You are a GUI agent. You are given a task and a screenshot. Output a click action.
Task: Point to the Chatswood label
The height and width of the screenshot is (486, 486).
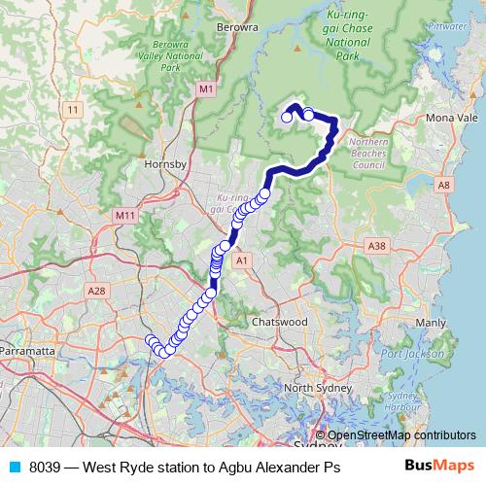click(279, 321)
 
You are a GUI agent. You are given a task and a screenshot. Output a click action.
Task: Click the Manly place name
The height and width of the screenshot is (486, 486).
click(430, 321)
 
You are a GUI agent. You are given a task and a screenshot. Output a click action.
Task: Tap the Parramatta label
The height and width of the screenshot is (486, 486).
click(30, 349)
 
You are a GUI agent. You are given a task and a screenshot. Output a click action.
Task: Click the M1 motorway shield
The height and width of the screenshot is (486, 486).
click(205, 89)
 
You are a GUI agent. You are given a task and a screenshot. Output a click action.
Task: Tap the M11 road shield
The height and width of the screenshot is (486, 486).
click(124, 215)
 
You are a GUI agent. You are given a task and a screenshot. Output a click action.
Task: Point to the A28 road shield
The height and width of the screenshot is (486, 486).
click(95, 291)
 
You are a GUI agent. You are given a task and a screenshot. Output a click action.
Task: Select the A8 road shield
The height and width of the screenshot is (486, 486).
click(444, 184)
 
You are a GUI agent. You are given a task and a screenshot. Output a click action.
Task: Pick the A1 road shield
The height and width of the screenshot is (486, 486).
click(243, 260)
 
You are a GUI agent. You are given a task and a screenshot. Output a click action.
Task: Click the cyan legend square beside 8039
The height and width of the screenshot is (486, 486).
click(15, 466)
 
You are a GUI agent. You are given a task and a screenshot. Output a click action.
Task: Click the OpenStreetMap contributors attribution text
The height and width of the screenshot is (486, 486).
click(400, 435)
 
